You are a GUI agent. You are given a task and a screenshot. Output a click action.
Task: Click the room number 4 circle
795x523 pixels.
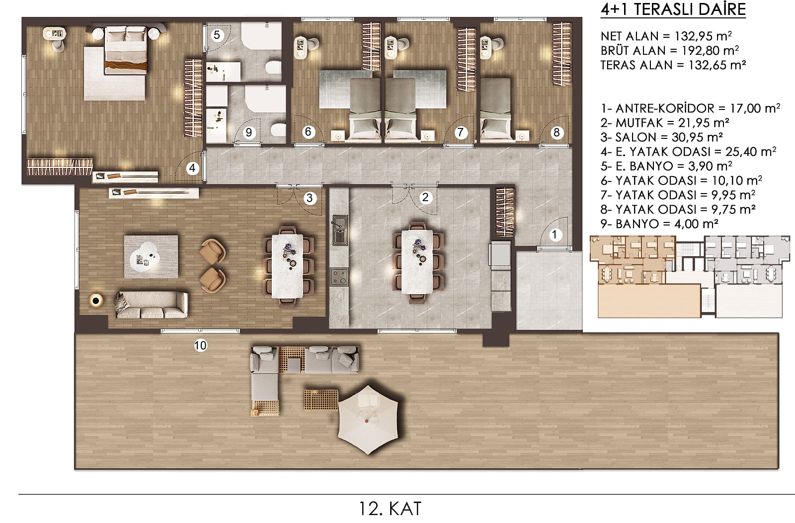click(192, 168)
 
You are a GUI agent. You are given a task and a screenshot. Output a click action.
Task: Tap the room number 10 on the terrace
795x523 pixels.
click(200, 345)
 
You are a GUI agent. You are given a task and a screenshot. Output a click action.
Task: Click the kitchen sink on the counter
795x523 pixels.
click(340, 230)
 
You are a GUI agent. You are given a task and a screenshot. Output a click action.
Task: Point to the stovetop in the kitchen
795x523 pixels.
click(339, 277)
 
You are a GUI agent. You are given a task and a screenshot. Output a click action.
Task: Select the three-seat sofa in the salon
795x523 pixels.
click(152, 305)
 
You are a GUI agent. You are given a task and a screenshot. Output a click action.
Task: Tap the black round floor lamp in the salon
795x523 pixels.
click(95, 301)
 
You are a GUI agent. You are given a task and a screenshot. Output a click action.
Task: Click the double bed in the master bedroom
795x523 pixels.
click(126, 50)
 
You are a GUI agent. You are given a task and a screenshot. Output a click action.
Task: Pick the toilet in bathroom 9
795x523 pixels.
click(278, 130)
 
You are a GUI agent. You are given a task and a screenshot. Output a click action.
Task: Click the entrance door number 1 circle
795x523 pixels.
click(555, 235)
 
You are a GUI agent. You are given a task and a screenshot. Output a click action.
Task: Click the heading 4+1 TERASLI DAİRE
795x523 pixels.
click(673, 9)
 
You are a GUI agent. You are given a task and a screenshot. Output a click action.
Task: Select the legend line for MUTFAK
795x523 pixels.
click(665, 122)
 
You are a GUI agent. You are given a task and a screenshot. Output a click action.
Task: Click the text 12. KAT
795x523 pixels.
click(390, 509)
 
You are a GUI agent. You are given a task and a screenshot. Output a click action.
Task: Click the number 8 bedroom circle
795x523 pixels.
click(556, 133)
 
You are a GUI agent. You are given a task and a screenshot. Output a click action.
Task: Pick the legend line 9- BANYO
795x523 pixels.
click(659, 224)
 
